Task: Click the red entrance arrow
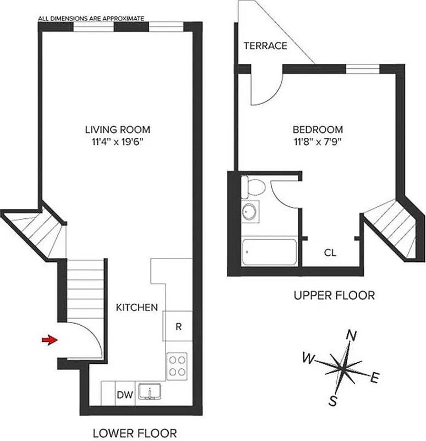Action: coord(50,340)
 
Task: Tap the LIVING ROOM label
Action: coord(117,130)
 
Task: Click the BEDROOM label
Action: coord(318,130)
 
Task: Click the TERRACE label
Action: coord(266,46)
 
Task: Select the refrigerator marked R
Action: coord(178,326)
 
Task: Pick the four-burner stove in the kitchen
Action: coord(177,364)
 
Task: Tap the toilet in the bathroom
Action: coord(254,187)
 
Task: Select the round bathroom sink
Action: coord(252,212)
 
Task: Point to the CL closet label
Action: coord(330,253)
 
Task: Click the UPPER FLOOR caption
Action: coord(334,296)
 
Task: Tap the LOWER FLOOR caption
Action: coord(134,433)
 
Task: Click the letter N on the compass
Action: coord(350,335)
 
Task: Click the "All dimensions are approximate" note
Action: coord(91,18)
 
